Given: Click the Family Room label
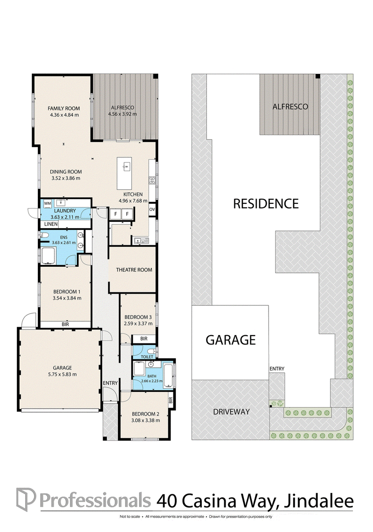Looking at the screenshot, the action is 63,108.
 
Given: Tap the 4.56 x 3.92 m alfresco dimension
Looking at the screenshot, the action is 123,114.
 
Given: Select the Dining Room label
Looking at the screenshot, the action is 66,172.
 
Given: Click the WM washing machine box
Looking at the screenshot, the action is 48,203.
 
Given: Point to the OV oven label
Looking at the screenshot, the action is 152,209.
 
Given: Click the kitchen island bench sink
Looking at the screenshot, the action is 127,166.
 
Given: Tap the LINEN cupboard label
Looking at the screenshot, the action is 51,224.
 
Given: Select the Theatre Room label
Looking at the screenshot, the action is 134,270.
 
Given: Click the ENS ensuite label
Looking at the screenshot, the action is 63,237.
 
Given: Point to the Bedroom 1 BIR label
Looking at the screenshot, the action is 65,324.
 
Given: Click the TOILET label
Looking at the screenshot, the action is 147,357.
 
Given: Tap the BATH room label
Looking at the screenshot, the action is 152,376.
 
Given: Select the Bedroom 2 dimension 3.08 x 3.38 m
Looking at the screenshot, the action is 145,420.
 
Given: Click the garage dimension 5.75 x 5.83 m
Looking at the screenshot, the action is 62,375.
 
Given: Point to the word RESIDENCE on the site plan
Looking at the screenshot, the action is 266,203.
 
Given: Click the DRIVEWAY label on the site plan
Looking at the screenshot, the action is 231,411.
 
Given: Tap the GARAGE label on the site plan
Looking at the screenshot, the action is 230,340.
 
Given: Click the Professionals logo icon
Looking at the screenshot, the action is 26,499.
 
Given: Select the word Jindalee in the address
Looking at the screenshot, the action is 318,501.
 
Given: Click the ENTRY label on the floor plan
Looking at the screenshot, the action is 110,383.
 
